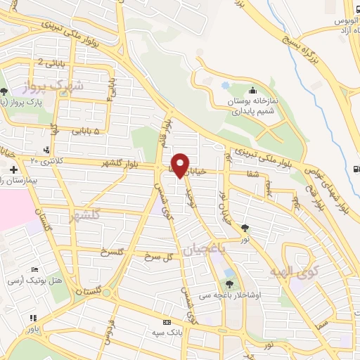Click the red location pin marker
click(x=181, y=165)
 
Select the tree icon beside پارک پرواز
click(x=5, y=91)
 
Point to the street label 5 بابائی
click(x=86, y=131)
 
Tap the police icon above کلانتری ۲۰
click(x=46, y=150)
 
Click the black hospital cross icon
click(x=13, y=169)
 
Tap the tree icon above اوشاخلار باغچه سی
click(x=229, y=284)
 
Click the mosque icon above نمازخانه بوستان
click(x=252, y=89)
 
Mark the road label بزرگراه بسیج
click(x=299, y=53)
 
